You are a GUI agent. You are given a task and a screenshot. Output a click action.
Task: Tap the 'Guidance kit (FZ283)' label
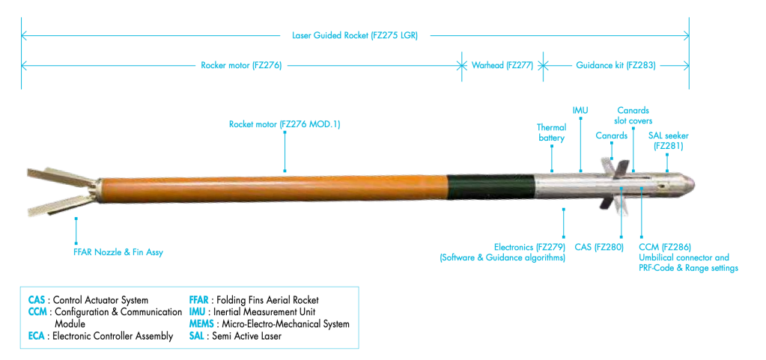[x=615, y=65]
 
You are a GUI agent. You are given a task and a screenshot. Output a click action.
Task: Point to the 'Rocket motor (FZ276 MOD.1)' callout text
[x=285, y=124]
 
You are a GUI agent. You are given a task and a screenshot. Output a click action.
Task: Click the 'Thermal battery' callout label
[x=551, y=132]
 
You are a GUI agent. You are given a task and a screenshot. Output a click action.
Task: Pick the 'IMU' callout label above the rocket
[x=580, y=111]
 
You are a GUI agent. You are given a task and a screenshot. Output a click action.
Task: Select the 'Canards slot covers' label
[x=633, y=116]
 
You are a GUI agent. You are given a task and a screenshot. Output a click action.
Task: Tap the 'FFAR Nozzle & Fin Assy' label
[x=113, y=252]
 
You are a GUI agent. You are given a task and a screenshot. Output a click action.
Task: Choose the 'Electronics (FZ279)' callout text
[x=529, y=247]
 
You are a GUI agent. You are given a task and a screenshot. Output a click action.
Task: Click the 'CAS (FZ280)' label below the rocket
[x=599, y=247]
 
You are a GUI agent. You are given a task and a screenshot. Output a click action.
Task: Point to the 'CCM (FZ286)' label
[x=665, y=247]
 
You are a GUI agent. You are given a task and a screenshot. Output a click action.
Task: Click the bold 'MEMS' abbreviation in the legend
[x=204, y=324]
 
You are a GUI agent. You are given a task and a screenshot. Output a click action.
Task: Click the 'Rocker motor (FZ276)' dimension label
[x=241, y=65]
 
